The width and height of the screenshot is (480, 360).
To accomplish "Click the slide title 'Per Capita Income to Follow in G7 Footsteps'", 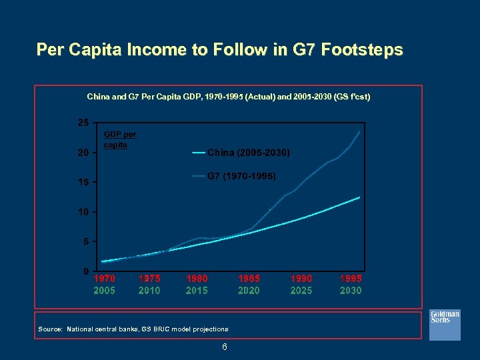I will point(219,50).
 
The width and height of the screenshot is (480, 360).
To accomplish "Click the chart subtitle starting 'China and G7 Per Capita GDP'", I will point(229,97).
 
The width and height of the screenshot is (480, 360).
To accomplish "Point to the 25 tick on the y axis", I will point(82,123).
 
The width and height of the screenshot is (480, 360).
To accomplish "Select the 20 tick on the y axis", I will point(82,153).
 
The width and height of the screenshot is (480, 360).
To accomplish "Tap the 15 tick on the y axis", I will point(82,183).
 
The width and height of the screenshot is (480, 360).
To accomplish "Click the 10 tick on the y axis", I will point(82,212).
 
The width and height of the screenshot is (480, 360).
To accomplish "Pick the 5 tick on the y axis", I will point(85,241).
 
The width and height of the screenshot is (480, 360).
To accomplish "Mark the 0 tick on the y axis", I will point(85,271).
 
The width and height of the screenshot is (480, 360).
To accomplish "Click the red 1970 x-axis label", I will point(104,279).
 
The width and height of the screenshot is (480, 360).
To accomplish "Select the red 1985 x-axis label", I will point(249,279).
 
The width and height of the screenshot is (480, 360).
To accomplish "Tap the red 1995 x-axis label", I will point(351,279).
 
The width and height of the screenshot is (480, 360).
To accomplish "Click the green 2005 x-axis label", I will point(104,291).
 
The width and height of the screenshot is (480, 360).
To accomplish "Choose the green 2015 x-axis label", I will point(197,291).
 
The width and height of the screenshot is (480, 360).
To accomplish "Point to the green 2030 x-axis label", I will point(351,291).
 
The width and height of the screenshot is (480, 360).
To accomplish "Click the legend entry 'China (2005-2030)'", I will point(248,153).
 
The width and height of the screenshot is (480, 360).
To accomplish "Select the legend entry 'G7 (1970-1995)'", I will point(240,177).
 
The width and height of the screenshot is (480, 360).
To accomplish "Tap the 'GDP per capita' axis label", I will point(120,139).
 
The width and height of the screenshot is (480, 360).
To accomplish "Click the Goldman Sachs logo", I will point(445,317).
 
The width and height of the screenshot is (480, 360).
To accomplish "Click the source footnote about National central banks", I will point(133,329).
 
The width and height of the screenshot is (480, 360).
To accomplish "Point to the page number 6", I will point(225,347).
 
